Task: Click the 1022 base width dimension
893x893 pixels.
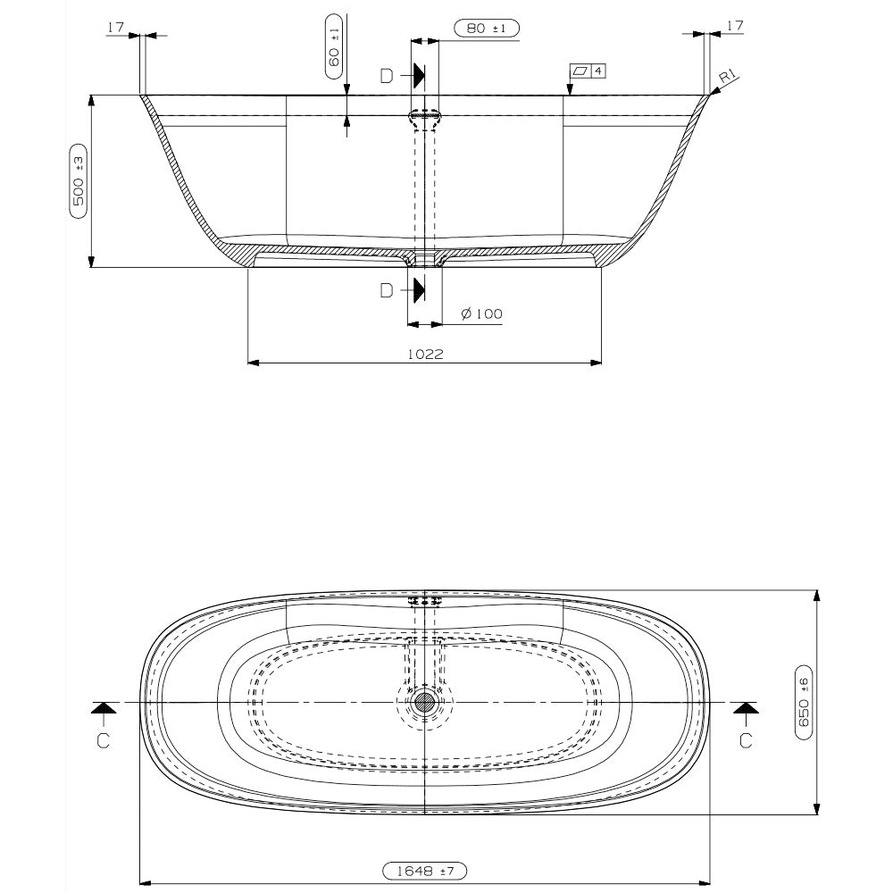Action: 425,354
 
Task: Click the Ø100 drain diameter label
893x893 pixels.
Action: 481,313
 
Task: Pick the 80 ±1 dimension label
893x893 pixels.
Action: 486,29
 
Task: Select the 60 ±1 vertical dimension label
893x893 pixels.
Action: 334,42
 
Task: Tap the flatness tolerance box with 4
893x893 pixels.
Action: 588,70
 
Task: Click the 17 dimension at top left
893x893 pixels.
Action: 115,27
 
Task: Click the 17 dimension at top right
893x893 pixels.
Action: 734,27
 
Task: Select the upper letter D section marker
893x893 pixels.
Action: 386,76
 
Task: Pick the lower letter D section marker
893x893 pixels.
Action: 386,290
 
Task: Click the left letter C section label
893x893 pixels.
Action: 104,740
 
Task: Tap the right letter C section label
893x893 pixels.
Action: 747,740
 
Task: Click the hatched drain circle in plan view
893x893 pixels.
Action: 424,702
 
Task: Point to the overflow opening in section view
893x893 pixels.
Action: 424,115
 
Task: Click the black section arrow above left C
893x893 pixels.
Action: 104,708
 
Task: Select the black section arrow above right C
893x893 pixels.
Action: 747,708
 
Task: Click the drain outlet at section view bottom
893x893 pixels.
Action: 424,259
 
